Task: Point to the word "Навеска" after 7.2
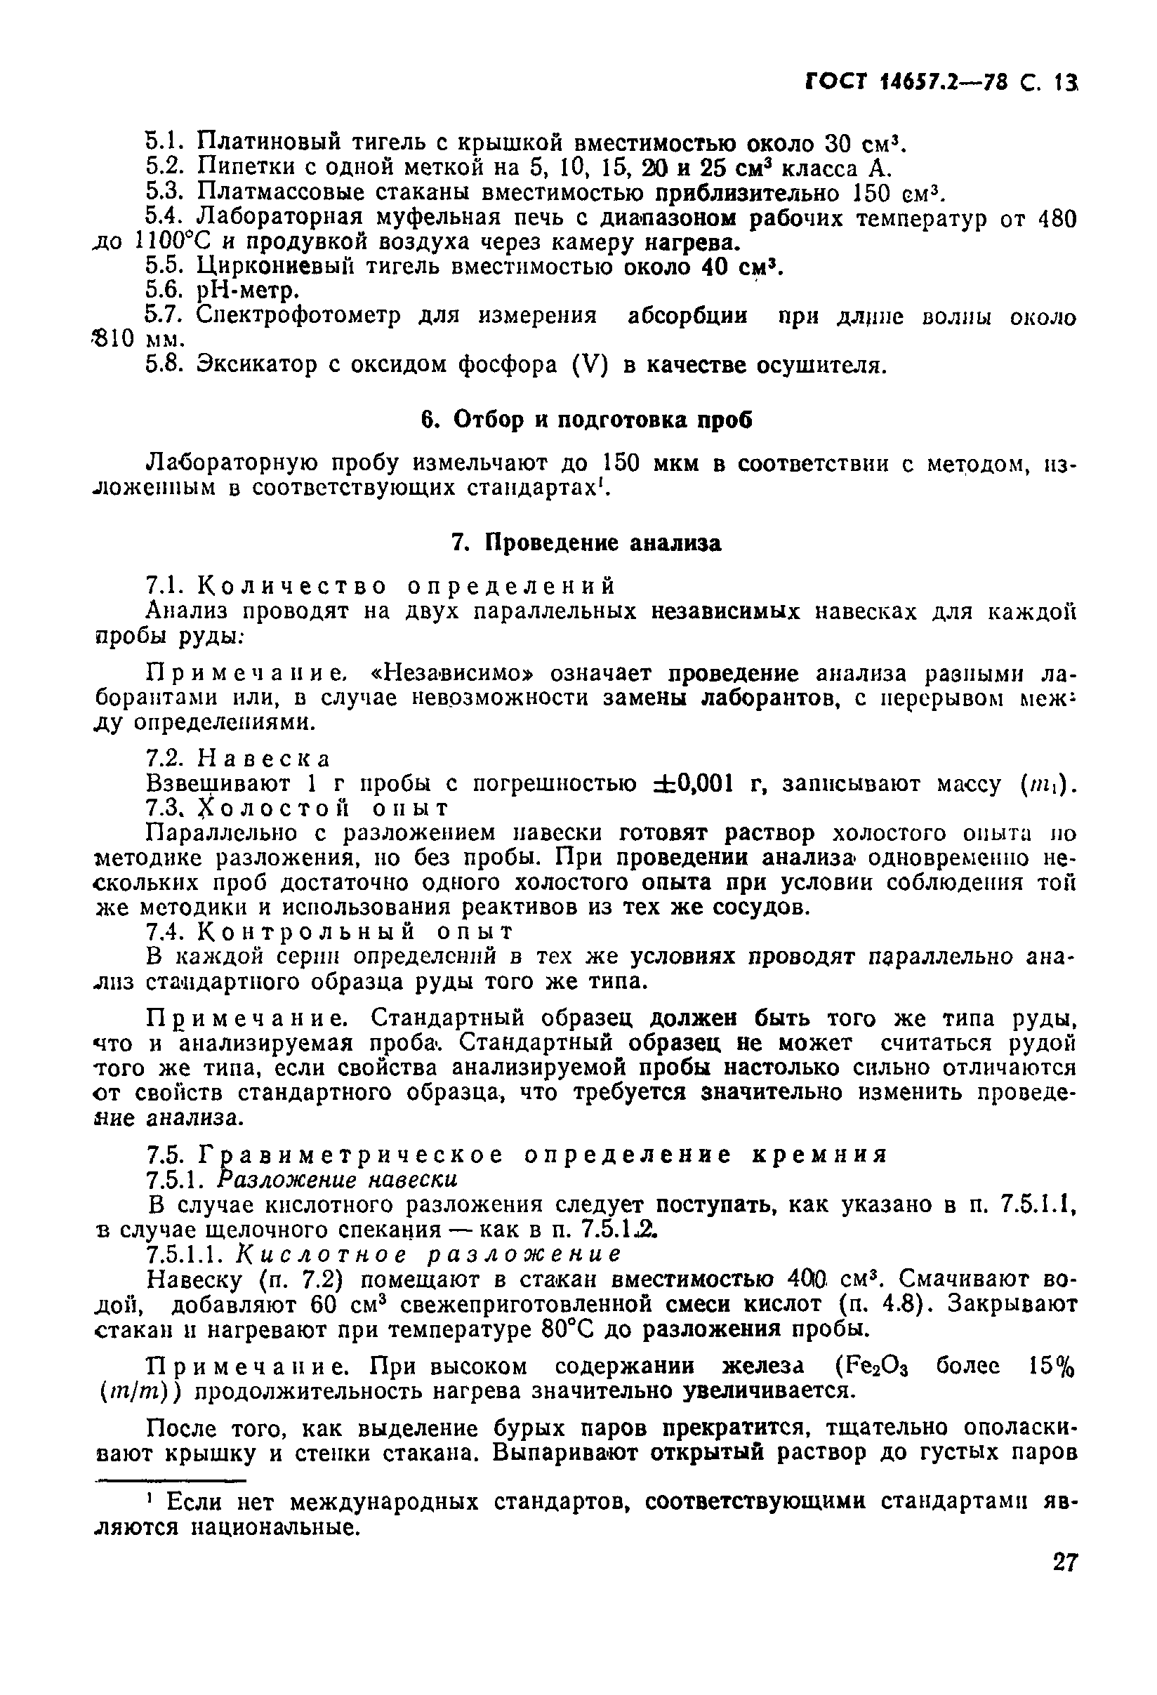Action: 264,759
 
